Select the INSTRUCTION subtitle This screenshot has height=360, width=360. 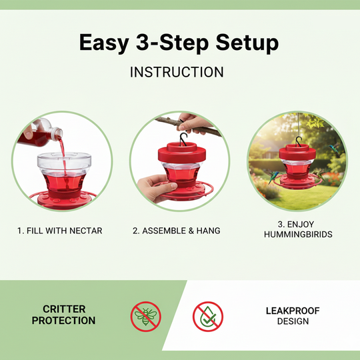point(177,71)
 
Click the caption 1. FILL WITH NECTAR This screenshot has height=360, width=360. point(60,231)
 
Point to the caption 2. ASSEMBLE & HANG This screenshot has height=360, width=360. point(176,231)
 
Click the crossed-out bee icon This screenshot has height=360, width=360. point(145,315)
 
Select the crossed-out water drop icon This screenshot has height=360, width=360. point(207,315)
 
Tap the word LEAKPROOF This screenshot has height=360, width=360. point(293,310)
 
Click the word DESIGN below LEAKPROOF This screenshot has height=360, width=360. point(293,321)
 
